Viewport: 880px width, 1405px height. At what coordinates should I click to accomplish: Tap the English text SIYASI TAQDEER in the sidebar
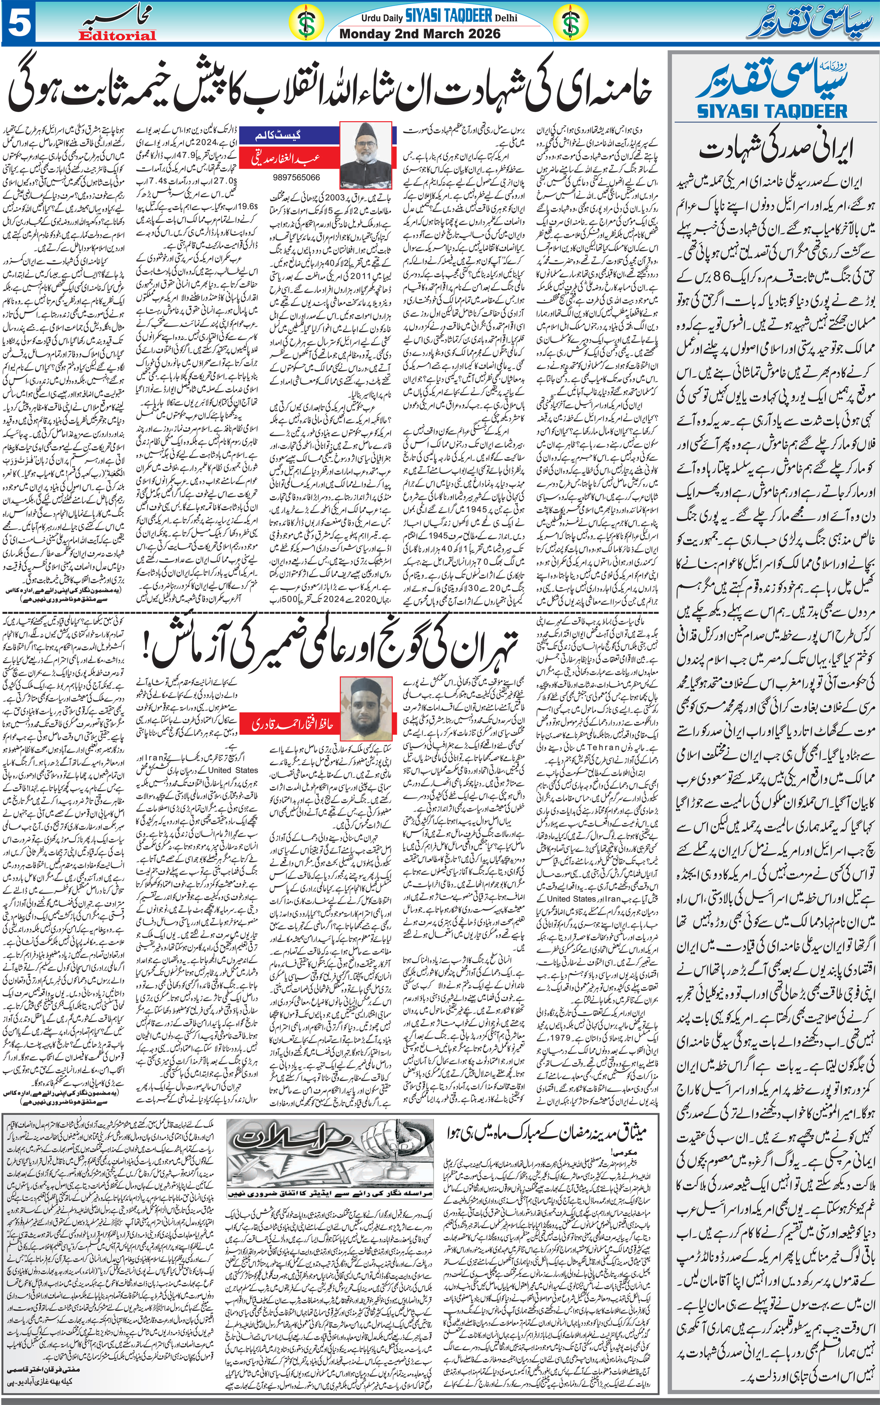[x=772, y=110]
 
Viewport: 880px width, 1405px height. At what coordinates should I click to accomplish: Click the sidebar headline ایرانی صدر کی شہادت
[x=772, y=151]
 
